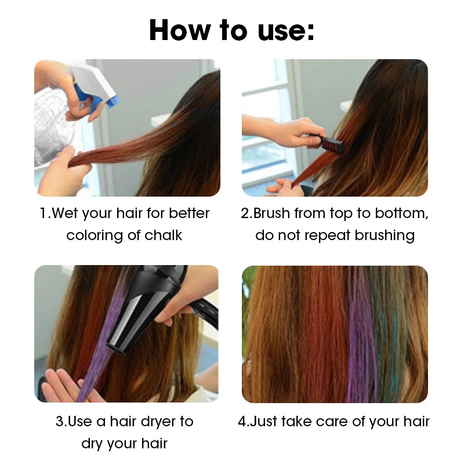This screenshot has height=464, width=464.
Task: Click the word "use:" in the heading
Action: (x=286, y=31)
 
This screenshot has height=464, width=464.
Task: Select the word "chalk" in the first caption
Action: (x=163, y=235)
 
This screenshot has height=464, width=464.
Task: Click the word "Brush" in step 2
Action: (x=271, y=213)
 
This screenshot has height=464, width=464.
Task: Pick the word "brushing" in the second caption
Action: (x=385, y=236)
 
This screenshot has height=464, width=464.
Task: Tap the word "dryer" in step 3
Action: (x=158, y=422)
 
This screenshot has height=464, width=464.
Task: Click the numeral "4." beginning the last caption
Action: (x=244, y=422)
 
